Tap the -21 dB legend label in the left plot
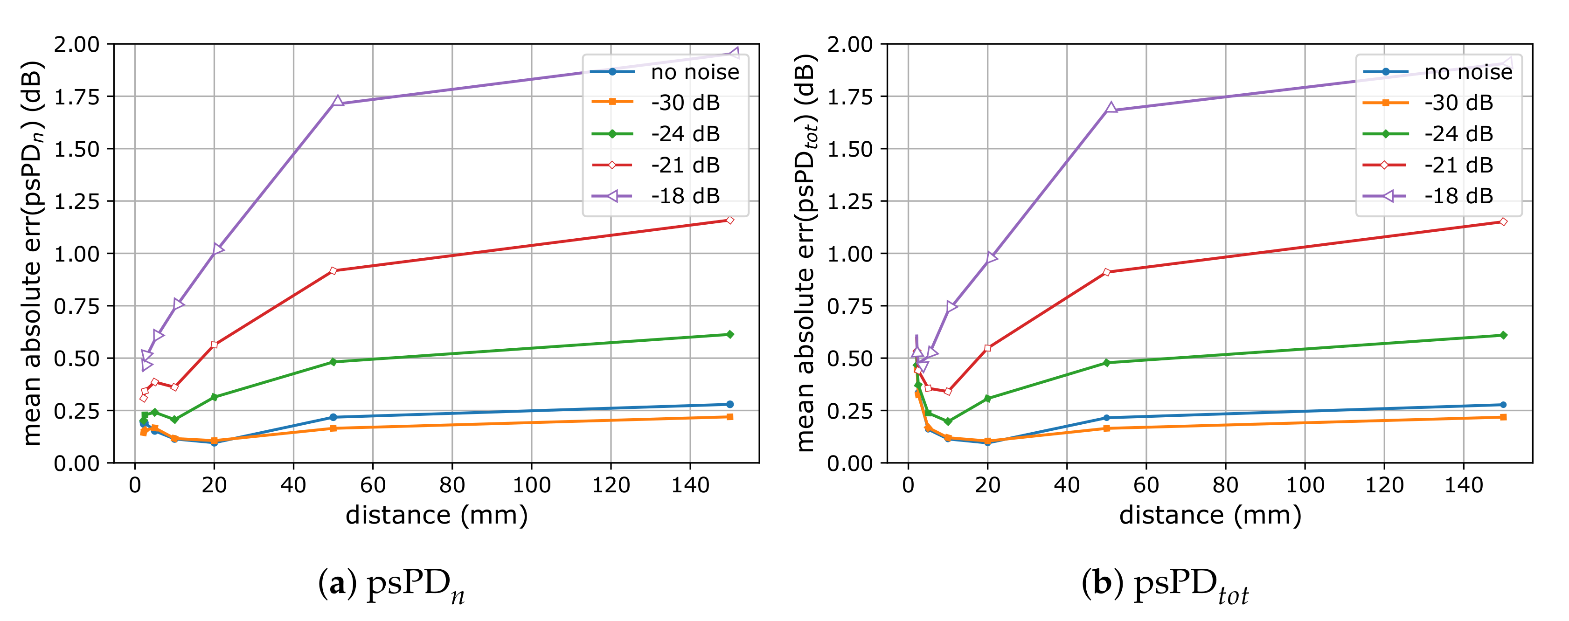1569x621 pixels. [685, 165]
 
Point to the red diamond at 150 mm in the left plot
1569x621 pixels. [729, 220]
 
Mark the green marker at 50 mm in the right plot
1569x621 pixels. [1107, 363]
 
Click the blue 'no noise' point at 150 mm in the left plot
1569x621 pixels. [729, 404]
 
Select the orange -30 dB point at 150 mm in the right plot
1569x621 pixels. [1503, 417]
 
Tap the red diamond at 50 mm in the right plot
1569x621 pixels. [1107, 272]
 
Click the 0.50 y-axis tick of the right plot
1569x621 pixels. [849, 359]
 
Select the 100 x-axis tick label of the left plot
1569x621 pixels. [531, 485]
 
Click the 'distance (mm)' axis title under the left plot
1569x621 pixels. [436, 515]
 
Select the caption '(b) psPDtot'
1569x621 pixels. [1165, 586]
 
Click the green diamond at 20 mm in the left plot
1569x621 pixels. [214, 397]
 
